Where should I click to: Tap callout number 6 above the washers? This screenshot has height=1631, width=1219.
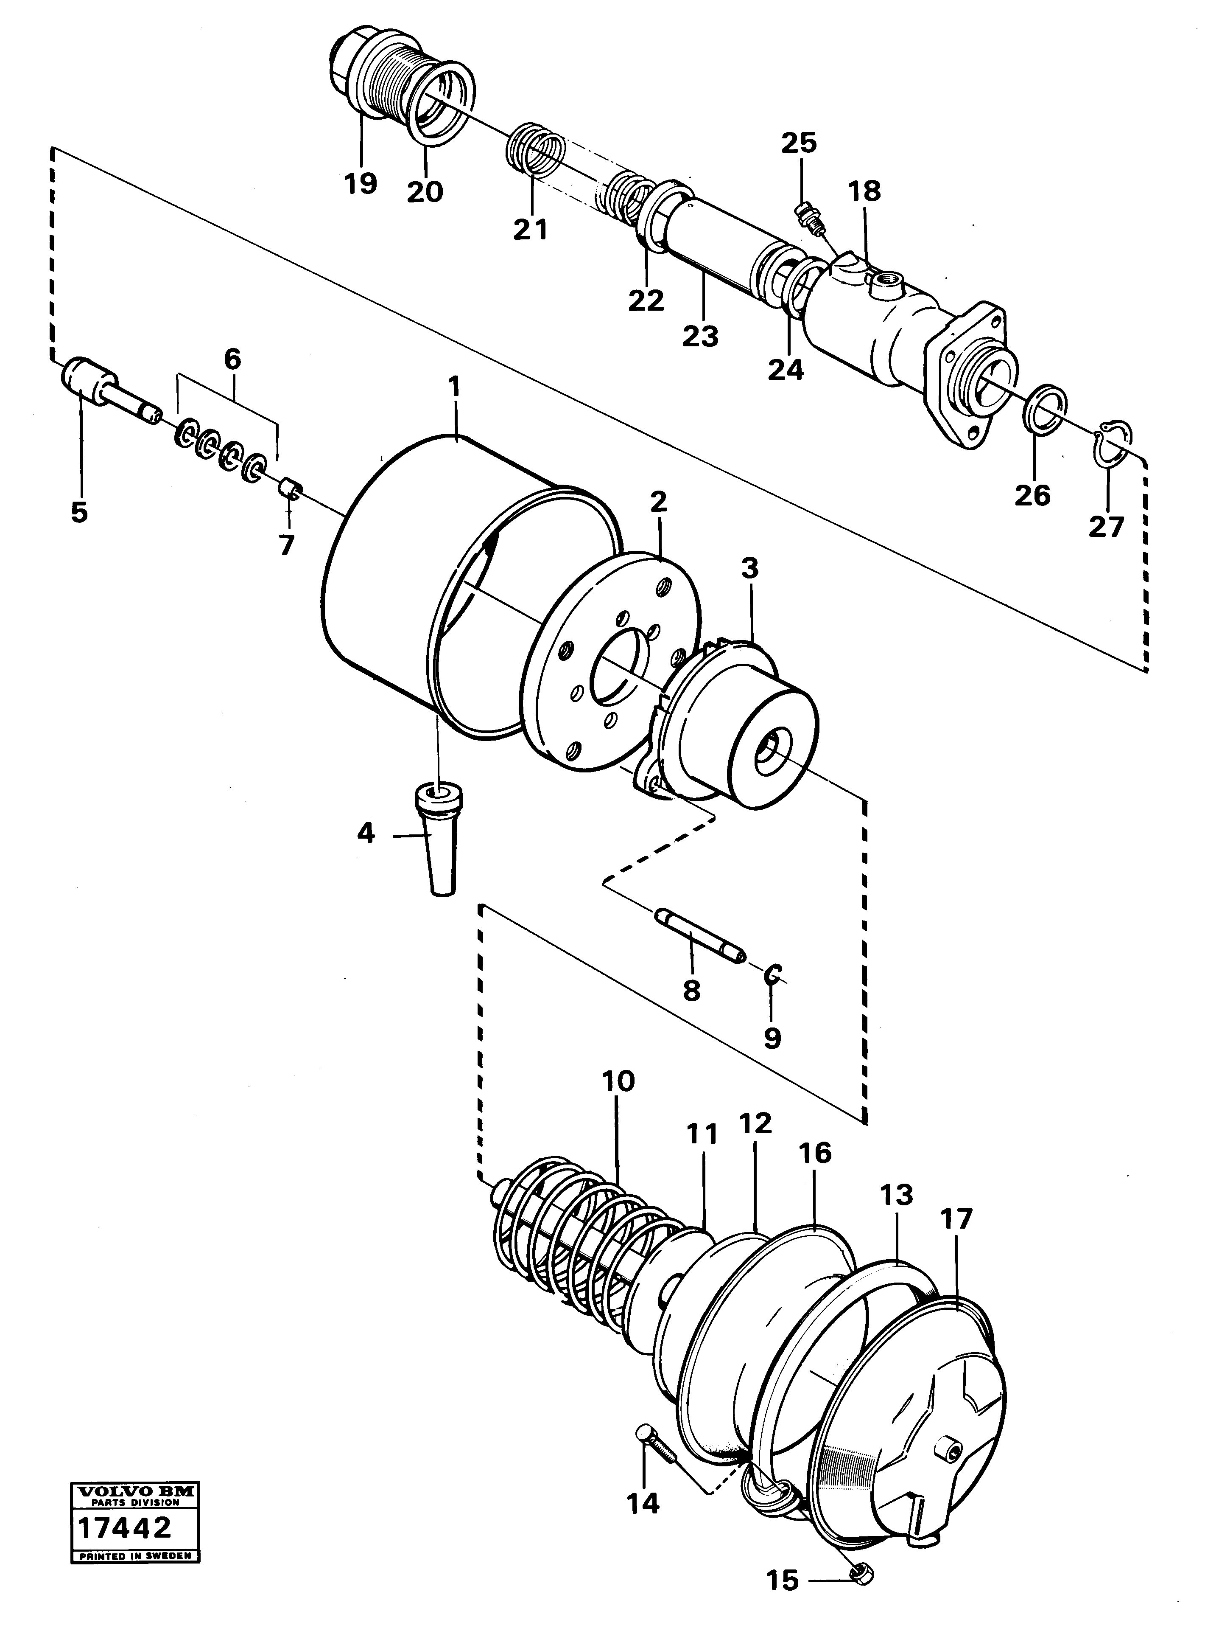232,360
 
